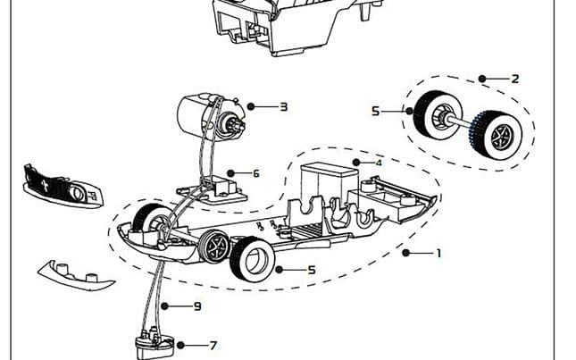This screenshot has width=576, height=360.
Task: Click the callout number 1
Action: pyautogui.click(x=438, y=253)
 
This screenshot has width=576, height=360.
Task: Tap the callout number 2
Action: pyautogui.click(x=514, y=79)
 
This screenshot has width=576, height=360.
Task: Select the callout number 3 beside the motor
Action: pyautogui.click(x=283, y=106)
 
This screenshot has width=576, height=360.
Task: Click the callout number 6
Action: pyautogui.click(x=255, y=173)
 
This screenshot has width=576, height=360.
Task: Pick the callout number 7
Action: pyautogui.click(x=213, y=345)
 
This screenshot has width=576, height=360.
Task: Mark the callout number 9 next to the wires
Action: pyautogui.click(x=197, y=306)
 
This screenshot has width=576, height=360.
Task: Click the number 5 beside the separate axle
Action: pyautogui.click(x=376, y=111)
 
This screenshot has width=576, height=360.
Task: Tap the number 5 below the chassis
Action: pyautogui.click(x=311, y=269)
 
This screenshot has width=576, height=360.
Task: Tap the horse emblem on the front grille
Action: pyautogui.click(x=42, y=185)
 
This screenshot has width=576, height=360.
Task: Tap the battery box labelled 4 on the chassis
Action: pyautogui.click(x=327, y=183)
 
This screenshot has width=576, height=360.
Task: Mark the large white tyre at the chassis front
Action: pyautogui.click(x=250, y=260)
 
